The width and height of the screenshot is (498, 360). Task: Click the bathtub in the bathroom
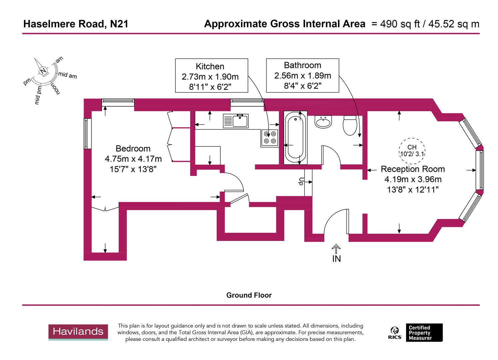[x=295, y=138]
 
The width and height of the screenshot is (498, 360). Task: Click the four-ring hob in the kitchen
[x=270, y=137]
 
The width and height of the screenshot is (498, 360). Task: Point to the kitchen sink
[x=236, y=121]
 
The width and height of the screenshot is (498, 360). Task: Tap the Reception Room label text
[x=413, y=169]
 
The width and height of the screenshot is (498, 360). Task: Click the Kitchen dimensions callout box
[x=211, y=76]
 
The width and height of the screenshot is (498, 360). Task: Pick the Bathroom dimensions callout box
[x=302, y=76]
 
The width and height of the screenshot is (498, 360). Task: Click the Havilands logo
[x=78, y=332]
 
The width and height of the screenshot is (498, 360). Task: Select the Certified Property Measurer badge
[x=424, y=333]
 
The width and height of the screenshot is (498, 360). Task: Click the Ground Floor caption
[x=249, y=295]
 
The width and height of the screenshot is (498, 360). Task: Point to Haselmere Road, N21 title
[x=76, y=24]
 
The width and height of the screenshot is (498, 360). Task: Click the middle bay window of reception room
[x=481, y=170]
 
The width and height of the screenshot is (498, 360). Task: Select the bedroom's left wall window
[x=87, y=134]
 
